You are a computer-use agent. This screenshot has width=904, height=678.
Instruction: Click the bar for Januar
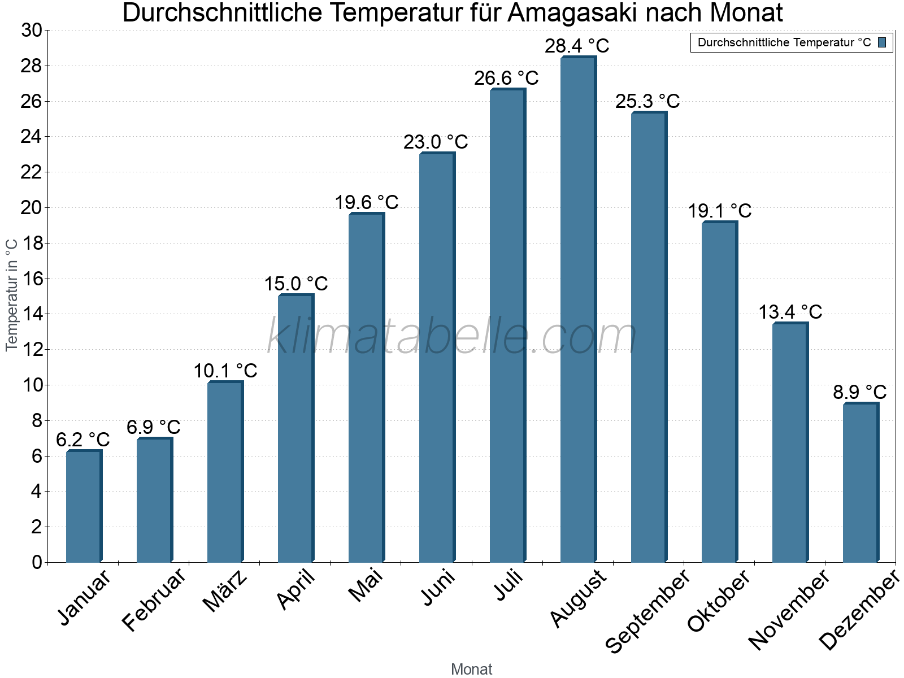pyautogui.click(x=84, y=506)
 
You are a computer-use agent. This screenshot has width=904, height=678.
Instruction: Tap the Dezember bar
pyautogui.click(x=860, y=483)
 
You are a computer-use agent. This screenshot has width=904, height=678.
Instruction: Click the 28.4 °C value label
pyautogui.click(x=577, y=46)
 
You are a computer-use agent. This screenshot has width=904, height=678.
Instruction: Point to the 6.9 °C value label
pyautogui.click(x=153, y=427)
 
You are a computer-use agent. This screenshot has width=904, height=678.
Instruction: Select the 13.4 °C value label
pyautogui.click(x=790, y=312)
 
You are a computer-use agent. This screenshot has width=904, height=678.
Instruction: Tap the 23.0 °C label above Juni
pyautogui.click(x=436, y=142)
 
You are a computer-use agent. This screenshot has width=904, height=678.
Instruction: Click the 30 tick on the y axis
pyautogui.click(x=32, y=31)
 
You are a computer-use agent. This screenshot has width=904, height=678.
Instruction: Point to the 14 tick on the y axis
pyautogui.click(x=32, y=314)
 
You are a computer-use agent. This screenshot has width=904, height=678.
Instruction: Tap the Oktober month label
pyautogui.click(x=719, y=601)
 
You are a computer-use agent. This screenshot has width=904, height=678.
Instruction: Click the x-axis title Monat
pyautogui.click(x=471, y=670)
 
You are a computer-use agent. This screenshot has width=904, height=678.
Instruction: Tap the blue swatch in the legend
pyautogui.click(x=882, y=42)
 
